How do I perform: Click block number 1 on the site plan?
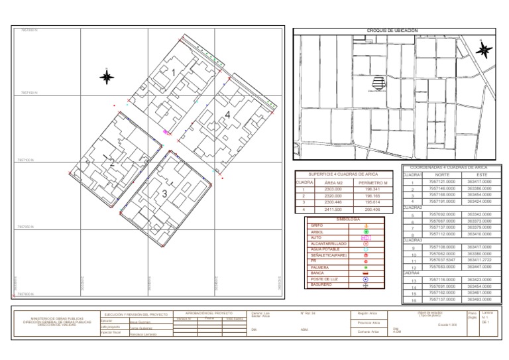coord(174,72)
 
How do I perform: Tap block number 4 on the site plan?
coord(227,115)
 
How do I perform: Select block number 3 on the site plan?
coord(164,194)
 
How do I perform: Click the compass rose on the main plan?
coord(107,78)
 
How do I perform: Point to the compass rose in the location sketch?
coord(483,49)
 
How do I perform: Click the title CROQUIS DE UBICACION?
coord(393,30)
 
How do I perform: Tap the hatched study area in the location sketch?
coord(379,83)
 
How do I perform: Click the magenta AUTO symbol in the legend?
coord(367,237)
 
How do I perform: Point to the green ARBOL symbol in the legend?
coord(367,231)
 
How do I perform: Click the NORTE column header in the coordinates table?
coord(442,174)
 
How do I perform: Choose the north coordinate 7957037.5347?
coord(442,259)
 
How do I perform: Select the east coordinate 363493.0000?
coord(479,299)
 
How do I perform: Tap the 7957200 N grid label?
coord(29,30)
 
